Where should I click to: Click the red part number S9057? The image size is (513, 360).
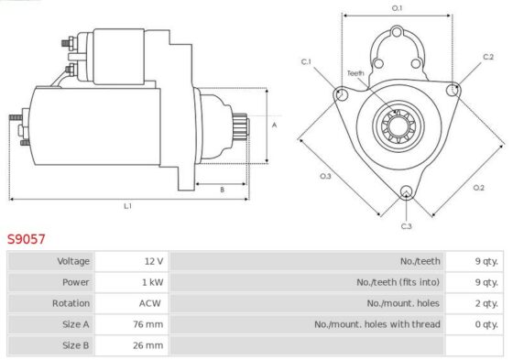tap(27, 239)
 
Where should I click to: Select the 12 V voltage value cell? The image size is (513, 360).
tap(132, 261)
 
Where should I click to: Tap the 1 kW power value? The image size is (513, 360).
tap(152, 282)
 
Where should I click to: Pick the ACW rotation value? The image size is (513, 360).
tap(150, 303)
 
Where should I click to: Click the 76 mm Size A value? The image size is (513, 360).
tap(147, 324)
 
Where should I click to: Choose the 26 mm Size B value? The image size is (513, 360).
tap(147, 345)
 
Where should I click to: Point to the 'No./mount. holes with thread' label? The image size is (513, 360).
tap(377, 324)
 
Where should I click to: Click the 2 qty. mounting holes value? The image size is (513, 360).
tap(486, 303)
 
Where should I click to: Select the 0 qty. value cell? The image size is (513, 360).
tap(475, 324)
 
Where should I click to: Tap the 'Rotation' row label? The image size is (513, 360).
tap(71, 303)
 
